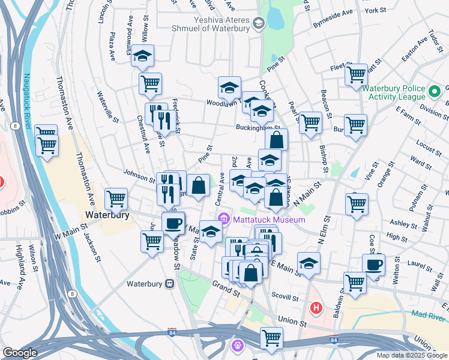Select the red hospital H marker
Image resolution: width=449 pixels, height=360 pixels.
pos(316,308)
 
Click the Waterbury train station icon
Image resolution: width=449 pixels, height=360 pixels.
pos(170,283)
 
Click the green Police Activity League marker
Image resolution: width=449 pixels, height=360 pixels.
pos(435,91)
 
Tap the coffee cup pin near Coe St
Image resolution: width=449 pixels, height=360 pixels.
pos(373,265)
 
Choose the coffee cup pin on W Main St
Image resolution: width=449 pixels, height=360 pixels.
pos(173,223)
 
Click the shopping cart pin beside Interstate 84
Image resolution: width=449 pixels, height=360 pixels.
pos(271,337)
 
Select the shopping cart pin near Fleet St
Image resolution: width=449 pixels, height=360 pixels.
pos(356,75)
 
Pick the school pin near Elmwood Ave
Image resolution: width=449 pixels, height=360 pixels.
pos(143,56)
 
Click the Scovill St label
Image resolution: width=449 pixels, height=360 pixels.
pos(285,297)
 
